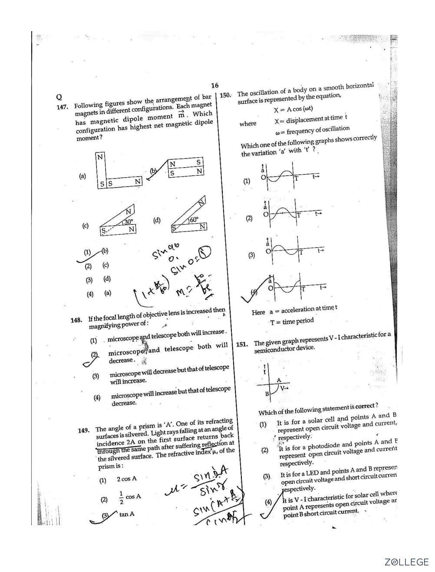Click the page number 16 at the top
tap(214, 86)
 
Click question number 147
tap(63, 107)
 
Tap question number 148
tap(76, 320)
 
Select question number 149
tap(84, 430)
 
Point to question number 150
tap(226, 95)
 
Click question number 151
tap(242, 344)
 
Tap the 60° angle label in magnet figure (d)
tap(193, 220)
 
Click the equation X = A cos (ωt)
tap(293, 109)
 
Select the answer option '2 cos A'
tap(126, 479)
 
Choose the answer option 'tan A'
tap(127, 514)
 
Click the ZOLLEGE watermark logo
tap(406, 562)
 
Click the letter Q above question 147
tap(59, 97)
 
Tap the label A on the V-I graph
tap(279, 380)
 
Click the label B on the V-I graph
tap(267, 393)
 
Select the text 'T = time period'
tap(291, 322)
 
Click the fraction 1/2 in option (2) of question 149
tap(121, 498)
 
